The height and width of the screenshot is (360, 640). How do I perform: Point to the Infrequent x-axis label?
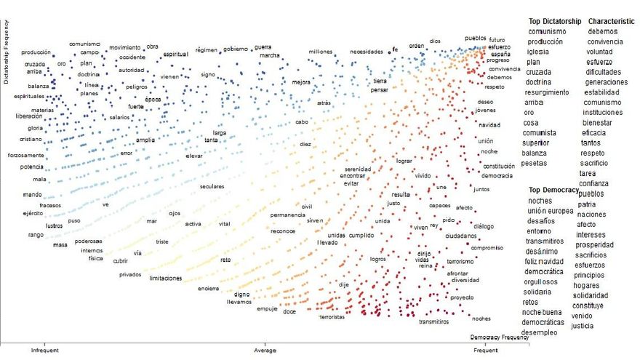tap(44, 350)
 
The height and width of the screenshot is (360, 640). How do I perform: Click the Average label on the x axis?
tap(265, 350)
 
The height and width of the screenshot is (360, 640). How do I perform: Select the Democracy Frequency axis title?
tap(499, 337)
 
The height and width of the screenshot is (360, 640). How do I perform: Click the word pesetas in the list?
tap(540, 163)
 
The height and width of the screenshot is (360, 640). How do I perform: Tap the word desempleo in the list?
tap(544, 332)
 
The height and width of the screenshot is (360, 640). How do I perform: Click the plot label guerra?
tap(263, 47)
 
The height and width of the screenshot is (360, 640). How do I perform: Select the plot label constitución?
tap(494, 167)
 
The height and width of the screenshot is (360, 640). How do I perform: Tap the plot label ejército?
tap(31, 213)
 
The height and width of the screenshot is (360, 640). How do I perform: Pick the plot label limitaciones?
tap(165, 278)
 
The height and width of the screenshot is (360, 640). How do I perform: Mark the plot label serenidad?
tap(358, 169)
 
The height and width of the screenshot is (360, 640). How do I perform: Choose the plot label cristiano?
tap(30, 139)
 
